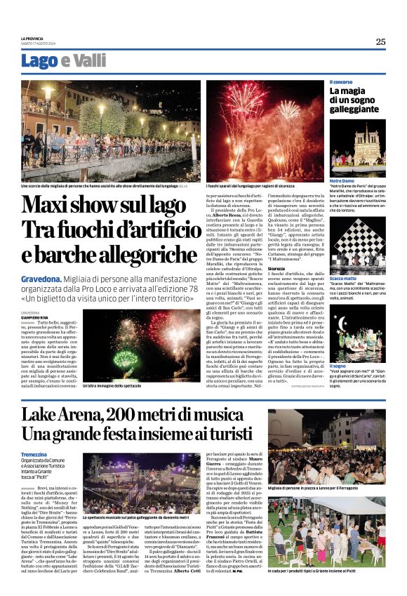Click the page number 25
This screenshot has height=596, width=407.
380,42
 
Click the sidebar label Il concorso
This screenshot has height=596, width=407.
341,83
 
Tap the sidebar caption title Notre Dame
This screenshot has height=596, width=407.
342,180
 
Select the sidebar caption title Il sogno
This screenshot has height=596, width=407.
338,366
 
